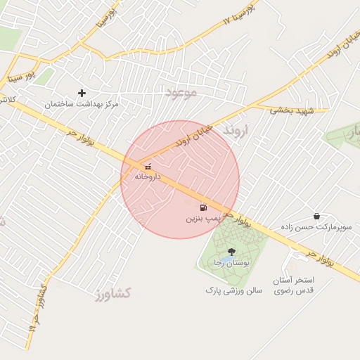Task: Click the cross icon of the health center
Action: click(x=82, y=93)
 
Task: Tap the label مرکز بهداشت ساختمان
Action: click(x=82, y=104)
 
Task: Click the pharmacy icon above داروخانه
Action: click(x=148, y=167)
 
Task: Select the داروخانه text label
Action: click(x=148, y=176)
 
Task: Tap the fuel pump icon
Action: click(x=203, y=207)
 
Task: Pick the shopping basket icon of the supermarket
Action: click(x=316, y=216)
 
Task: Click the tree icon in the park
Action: click(x=231, y=252)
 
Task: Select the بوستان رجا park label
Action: click(x=232, y=262)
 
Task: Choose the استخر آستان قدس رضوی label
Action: click(x=294, y=285)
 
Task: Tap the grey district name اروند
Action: click(x=236, y=131)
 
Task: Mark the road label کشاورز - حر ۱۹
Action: click(x=37, y=308)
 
